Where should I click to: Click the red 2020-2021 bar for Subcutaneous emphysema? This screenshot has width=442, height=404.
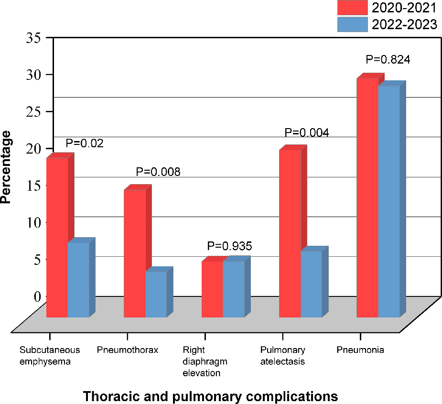tap(57, 237)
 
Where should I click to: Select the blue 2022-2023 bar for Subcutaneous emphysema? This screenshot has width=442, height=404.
tap(78, 280)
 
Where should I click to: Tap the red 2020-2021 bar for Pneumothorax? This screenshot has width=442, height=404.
tap(134, 253)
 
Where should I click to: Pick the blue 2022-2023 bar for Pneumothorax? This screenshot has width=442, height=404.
tap(156, 294)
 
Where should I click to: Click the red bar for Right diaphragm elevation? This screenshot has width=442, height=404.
tap(212, 289)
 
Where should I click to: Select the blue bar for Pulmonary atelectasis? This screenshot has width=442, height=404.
tap(311, 284)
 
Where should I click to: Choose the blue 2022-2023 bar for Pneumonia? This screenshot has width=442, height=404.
tap(389, 201)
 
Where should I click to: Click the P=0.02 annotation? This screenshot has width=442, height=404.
tap(85, 143)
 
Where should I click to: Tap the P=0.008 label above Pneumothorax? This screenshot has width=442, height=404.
tap(158, 172)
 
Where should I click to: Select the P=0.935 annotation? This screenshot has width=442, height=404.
tap(229, 246)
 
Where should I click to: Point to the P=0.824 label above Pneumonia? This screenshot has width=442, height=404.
tap(388, 60)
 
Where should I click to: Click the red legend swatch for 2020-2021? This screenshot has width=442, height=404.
tap(352, 8)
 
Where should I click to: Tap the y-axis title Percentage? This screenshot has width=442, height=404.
tap(7, 171)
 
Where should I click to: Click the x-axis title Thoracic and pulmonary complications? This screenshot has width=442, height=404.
tap(210, 396)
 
